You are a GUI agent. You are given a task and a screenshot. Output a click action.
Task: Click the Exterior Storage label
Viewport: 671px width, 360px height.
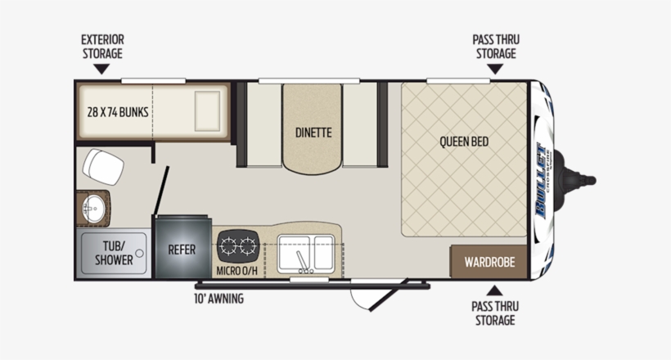(101, 47)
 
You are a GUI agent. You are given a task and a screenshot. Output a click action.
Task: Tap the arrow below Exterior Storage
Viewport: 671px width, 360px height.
(101, 70)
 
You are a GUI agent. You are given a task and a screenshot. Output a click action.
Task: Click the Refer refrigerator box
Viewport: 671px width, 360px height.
(182, 249)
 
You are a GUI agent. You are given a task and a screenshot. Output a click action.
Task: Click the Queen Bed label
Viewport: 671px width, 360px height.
(464, 142)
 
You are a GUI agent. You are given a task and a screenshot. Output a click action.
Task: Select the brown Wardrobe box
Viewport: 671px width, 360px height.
(489, 263)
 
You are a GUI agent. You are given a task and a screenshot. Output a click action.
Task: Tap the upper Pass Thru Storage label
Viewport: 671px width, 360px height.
(495, 47)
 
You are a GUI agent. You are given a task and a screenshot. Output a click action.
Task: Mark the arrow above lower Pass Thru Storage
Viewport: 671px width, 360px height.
(494, 289)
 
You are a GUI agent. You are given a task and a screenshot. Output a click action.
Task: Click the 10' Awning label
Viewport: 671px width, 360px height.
(218, 299)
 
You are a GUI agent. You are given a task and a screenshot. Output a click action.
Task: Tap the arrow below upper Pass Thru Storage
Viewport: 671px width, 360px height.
(494, 70)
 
